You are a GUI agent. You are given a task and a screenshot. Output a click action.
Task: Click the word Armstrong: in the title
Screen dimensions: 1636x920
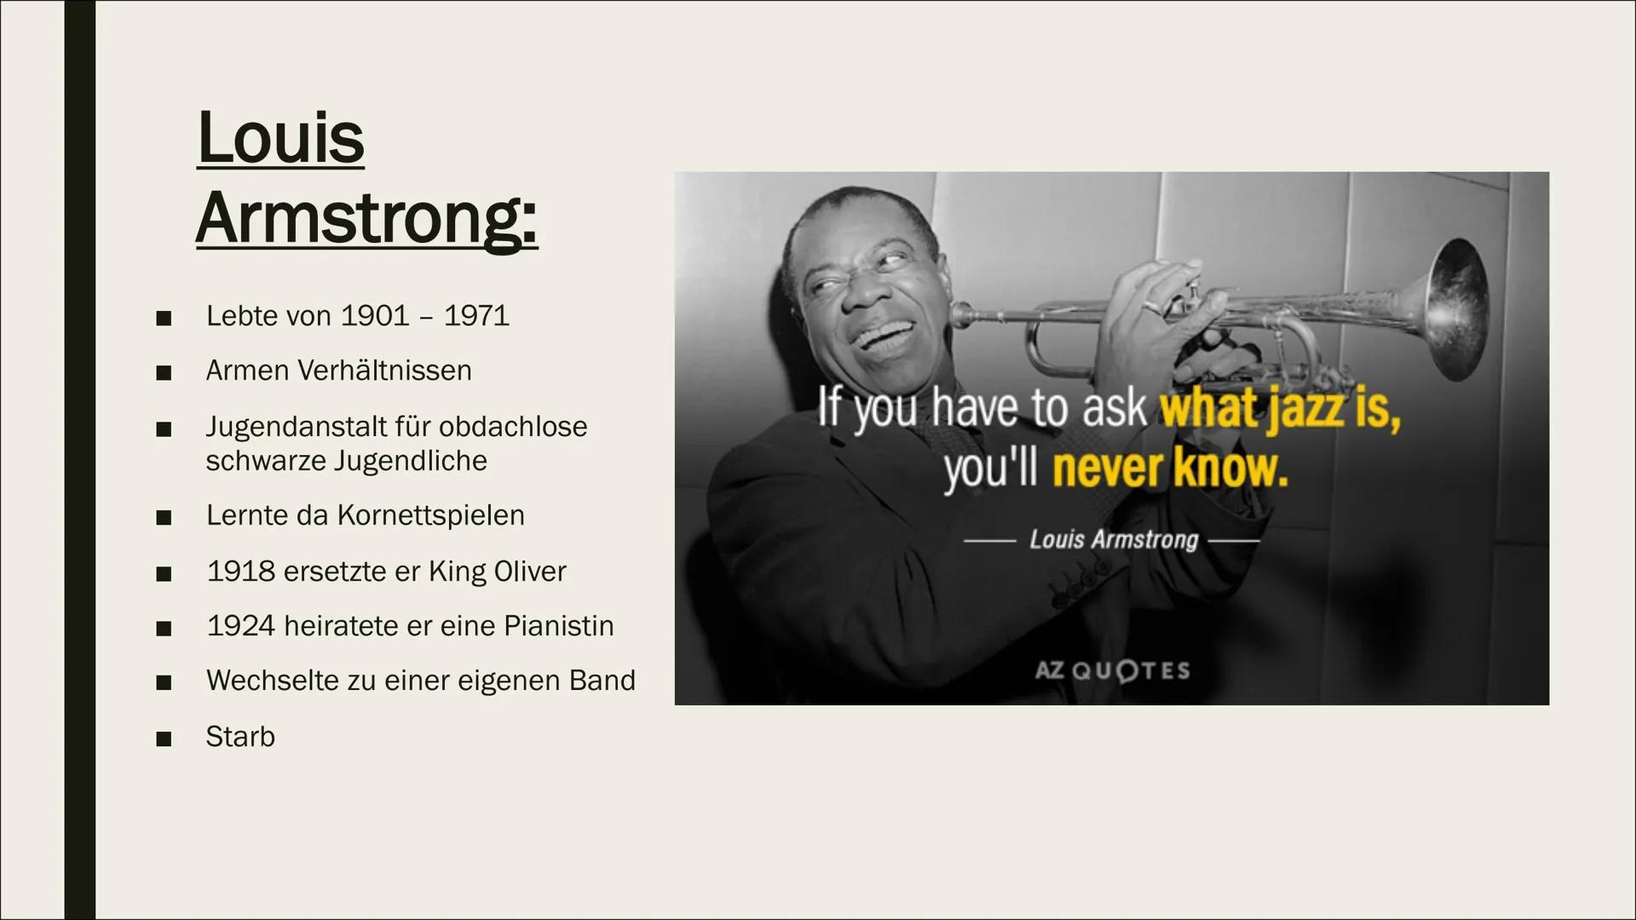point(367,218)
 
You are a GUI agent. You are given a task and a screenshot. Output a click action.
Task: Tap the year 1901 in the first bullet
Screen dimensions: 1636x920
point(374,316)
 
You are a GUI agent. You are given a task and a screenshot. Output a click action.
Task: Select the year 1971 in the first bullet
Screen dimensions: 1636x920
point(476,316)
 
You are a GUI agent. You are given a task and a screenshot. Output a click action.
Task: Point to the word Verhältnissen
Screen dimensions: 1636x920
point(384,371)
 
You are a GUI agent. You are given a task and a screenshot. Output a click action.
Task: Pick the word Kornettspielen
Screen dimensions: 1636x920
point(431,515)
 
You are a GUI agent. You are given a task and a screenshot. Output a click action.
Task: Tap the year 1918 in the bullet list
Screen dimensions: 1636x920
point(240,572)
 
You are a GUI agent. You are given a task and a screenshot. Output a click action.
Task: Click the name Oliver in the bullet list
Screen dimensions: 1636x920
point(531,572)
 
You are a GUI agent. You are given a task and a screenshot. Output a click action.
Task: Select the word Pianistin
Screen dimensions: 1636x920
point(559,626)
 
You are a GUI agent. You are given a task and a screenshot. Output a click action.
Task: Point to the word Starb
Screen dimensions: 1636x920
point(240,737)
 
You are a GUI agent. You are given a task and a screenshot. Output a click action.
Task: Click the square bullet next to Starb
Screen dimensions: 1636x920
point(164,739)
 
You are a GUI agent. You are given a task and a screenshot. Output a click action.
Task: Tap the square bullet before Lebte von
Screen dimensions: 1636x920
point(164,318)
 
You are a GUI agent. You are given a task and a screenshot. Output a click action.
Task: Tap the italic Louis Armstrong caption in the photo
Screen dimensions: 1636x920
point(1114,540)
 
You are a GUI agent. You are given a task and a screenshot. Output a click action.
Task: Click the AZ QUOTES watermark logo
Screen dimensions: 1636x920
point(1112,670)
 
